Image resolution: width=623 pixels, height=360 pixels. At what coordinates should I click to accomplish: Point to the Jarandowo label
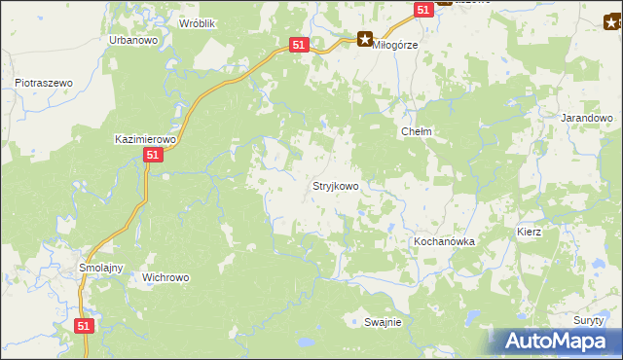pos(586,118)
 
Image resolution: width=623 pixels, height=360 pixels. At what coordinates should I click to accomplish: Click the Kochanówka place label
pos(443,240)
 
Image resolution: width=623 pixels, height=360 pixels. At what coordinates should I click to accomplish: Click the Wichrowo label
pos(165,277)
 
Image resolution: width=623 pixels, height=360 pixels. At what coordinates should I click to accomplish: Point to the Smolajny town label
pos(98,268)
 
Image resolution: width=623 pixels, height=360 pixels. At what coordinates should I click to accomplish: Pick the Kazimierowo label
pos(144,140)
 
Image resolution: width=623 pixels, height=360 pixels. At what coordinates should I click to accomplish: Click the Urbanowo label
pos(133,41)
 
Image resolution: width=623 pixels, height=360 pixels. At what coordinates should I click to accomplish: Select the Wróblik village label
pos(198,21)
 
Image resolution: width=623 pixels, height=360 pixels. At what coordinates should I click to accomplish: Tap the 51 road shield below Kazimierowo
pos(152,156)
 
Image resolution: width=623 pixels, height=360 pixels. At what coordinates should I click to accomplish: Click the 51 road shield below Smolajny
pos(85,327)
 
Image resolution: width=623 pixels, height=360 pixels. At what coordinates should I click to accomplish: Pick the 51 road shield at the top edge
pos(422,9)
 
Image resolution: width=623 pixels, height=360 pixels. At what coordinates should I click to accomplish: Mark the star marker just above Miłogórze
pos(364,40)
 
